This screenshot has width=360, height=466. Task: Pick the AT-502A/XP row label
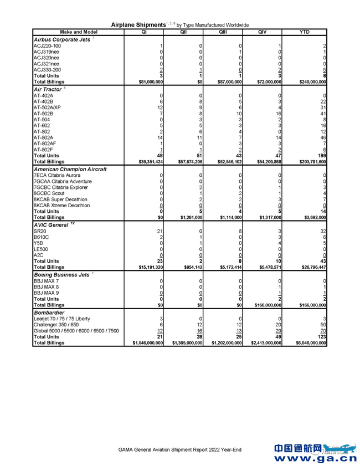tap(48, 107)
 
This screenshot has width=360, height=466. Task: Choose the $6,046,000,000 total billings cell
tap(307, 343)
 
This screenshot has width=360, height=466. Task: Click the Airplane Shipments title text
tap(137, 24)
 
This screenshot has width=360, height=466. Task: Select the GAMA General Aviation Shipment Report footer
tap(180, 450)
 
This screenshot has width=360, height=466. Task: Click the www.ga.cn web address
tap(316, 458)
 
